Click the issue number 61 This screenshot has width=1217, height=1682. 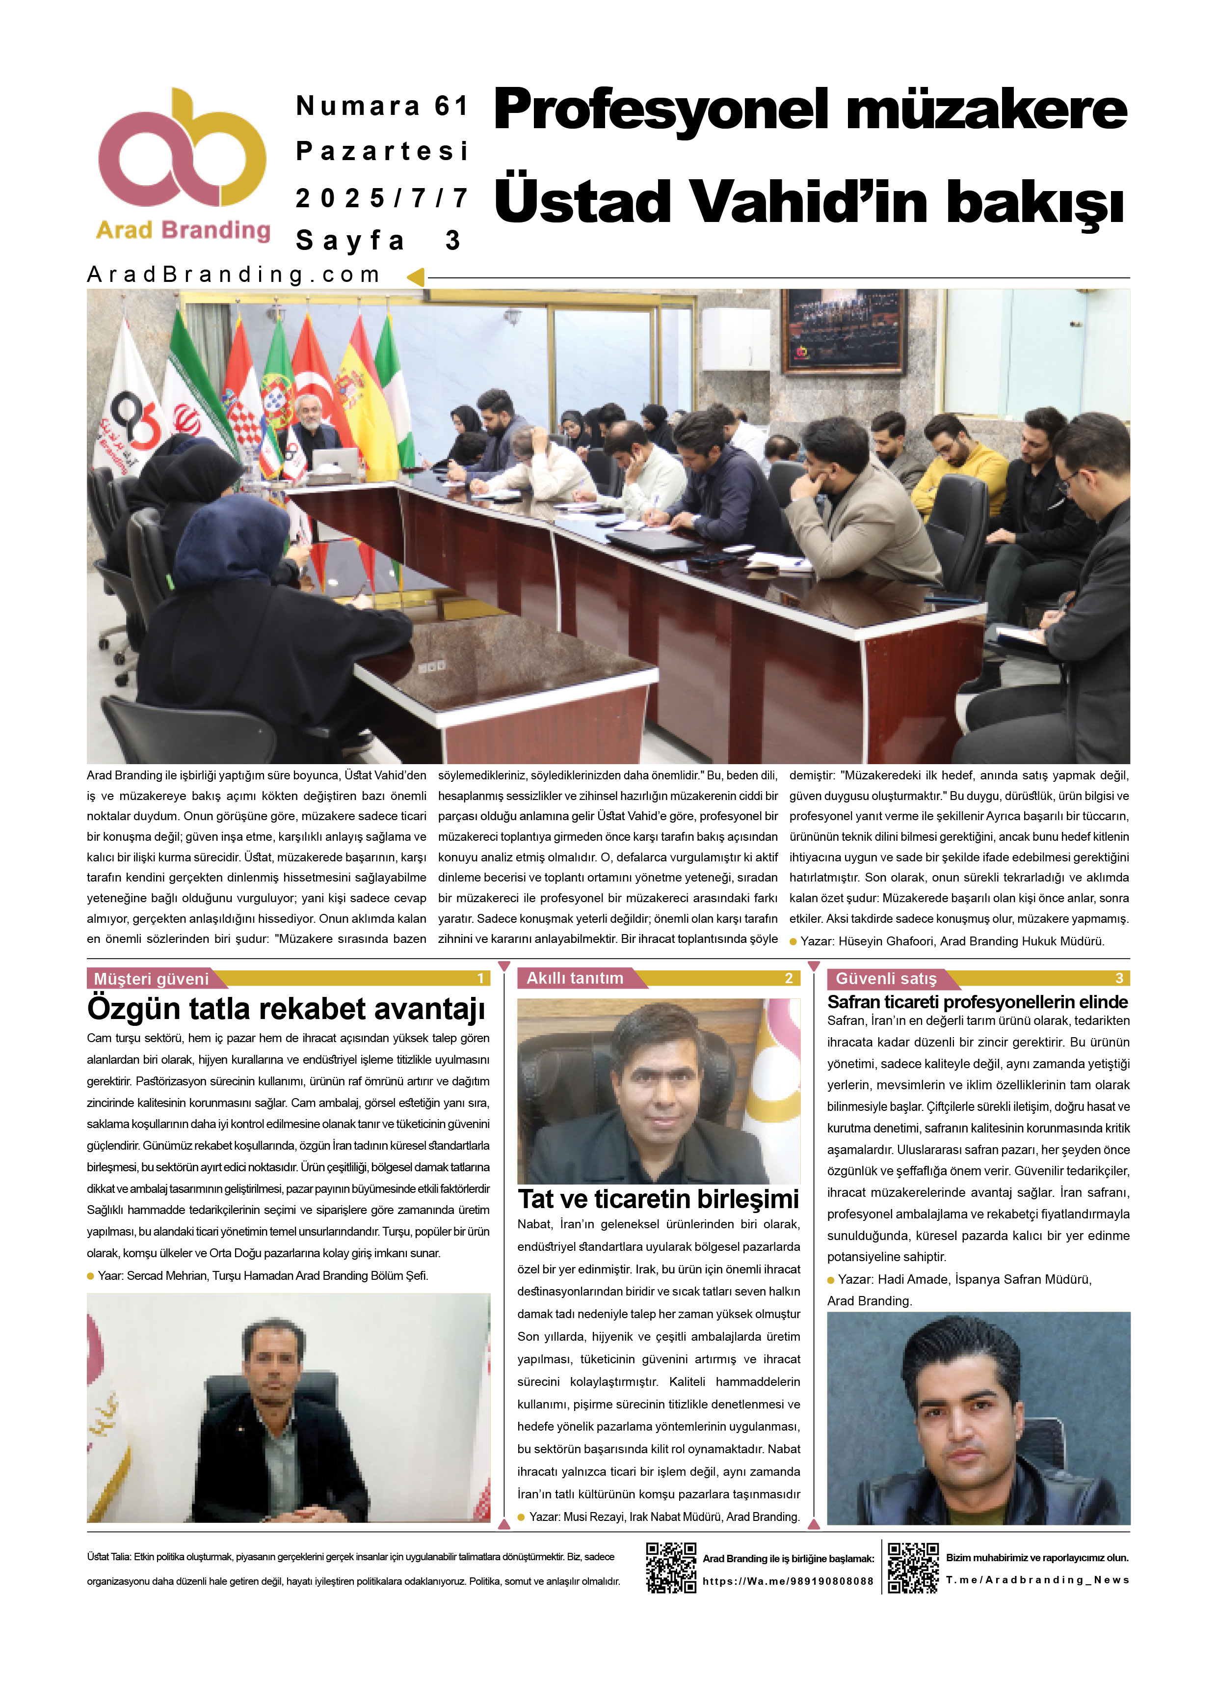[x=451, y=106]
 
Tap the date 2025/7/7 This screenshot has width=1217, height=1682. [x=382, y=198]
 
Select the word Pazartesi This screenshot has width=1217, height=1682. [x=382, y=151]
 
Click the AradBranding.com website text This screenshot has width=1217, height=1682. [x=234, y=275]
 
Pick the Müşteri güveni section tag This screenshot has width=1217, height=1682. [x=152, y=979]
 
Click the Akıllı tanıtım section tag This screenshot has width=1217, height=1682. [x=575, y=978]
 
